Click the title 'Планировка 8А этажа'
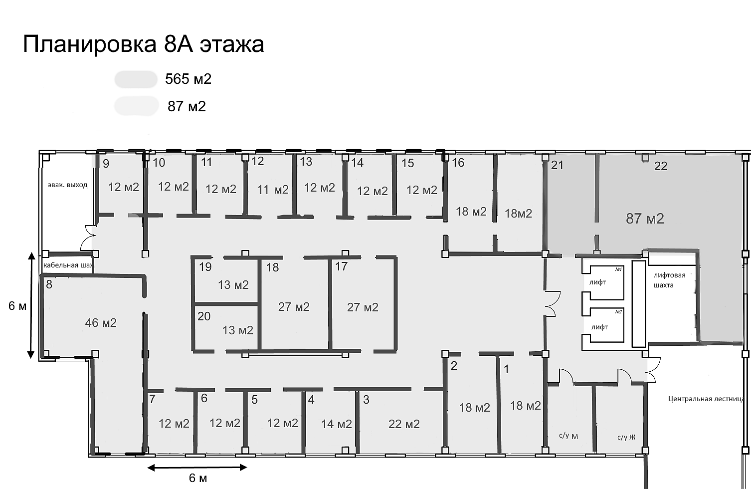(143, 44)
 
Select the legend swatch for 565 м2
(136, 79)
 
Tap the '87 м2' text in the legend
(187, 106)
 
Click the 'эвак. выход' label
(67, 185)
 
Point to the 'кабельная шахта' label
(68, 265)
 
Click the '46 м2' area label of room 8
(101, 323)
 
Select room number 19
(205, 267)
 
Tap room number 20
(204, 316)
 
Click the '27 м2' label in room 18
(294, 307)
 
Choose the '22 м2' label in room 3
(404, 424)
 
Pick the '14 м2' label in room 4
(337, 424)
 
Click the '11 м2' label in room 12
(273, 190)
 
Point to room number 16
(458, 163)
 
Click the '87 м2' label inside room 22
(645, 219)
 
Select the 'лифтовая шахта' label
(669, 280)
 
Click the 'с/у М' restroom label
(568, 436)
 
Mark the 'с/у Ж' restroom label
(626, 438)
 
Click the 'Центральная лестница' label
(706, 399)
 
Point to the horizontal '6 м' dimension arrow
(197, 468)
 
